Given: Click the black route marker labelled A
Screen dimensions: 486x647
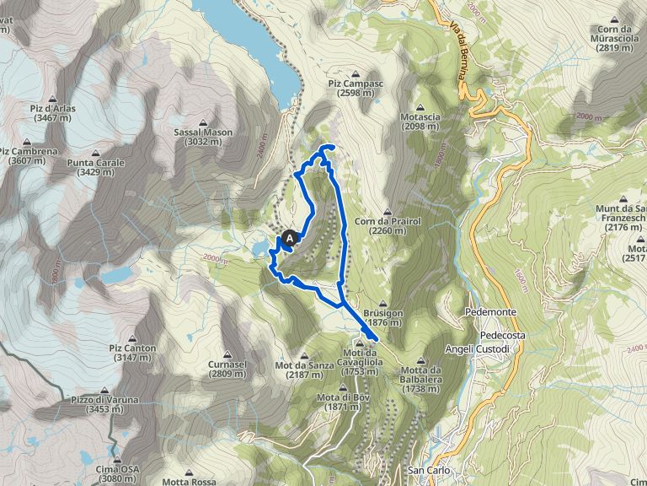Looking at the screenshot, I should pos(289,240).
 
